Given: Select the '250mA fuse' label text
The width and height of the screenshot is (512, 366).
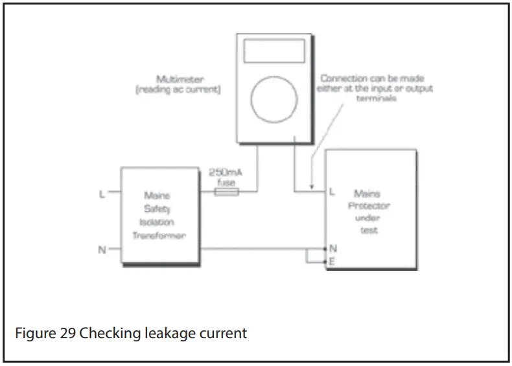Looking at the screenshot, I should (224, 177).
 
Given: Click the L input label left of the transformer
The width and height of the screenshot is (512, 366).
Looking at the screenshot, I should (102, 192).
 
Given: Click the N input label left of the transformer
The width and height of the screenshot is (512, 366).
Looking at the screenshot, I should (102, 249).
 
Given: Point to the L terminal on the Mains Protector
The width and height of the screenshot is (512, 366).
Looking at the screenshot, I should (332, 192).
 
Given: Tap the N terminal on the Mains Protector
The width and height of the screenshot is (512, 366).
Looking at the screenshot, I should (332, 249).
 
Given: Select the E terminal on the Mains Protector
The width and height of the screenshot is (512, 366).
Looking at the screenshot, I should (332, 262).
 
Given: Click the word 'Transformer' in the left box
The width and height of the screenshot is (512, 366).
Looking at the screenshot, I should (159, 236).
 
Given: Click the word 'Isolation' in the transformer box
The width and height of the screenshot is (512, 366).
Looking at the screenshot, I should (159, 222).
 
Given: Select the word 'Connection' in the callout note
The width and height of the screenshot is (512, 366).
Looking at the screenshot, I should (342, 79).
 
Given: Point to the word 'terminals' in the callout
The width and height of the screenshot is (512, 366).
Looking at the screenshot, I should (376, 100).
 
